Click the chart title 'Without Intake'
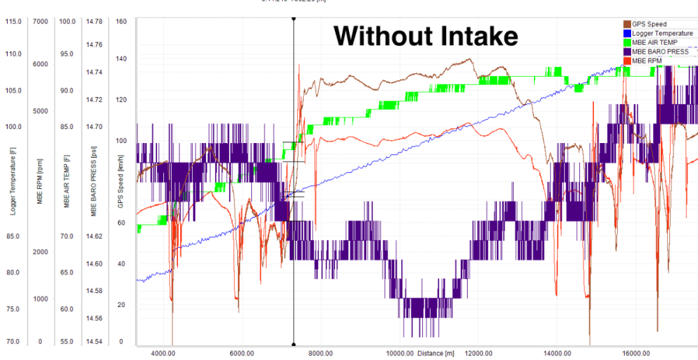(x=426, y=36)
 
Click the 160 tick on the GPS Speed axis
(x=121, y=21)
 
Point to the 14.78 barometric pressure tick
(x=94, y=21)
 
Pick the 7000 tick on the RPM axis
(x=40, y=21)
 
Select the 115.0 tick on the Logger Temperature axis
(x=13, y=21)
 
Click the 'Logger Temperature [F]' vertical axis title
(x=13, y=181)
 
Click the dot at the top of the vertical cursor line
(x=293, y=19)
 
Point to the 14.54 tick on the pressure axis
(x=94, y=342)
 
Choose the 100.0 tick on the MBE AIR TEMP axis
(x=67, y=21)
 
